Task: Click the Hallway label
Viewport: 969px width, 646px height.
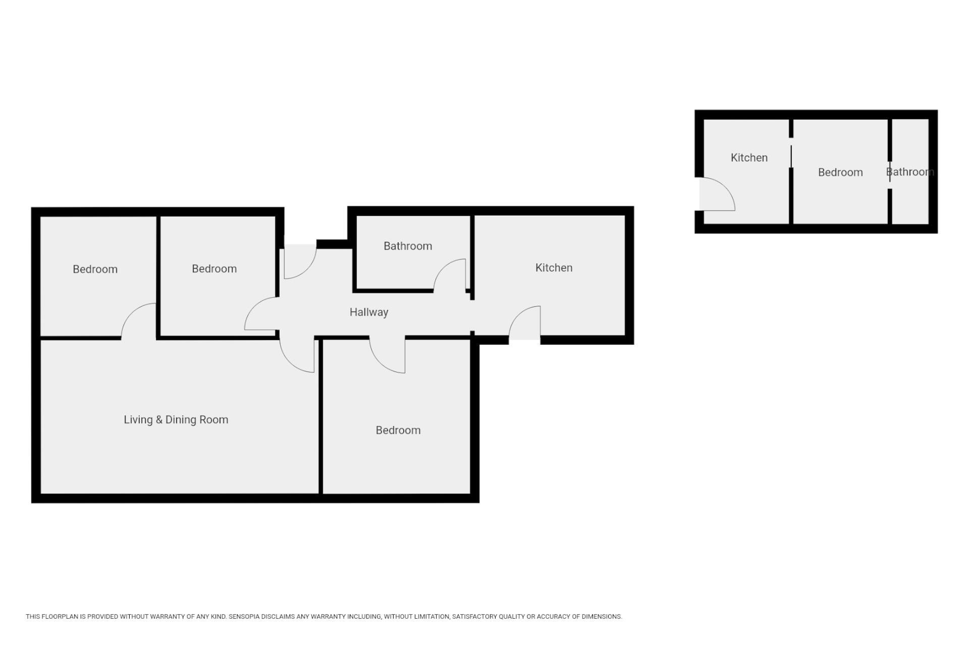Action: pos(369,312)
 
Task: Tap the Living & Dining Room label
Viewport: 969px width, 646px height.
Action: pos(176,420)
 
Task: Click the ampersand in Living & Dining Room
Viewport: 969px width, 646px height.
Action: pos(158,420)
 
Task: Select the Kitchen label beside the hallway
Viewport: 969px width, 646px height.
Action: pos(554,267)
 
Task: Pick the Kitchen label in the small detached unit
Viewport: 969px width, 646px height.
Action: pos(749,157)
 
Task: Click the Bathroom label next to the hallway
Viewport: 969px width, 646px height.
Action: pos(408,246)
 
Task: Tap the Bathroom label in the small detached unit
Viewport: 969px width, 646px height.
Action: pos(910,172)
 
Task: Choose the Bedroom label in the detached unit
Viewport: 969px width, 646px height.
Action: pos(840,172)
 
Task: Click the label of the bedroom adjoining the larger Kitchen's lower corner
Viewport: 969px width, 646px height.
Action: pos(398,430)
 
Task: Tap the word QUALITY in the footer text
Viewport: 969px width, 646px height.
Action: pos(512,617)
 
